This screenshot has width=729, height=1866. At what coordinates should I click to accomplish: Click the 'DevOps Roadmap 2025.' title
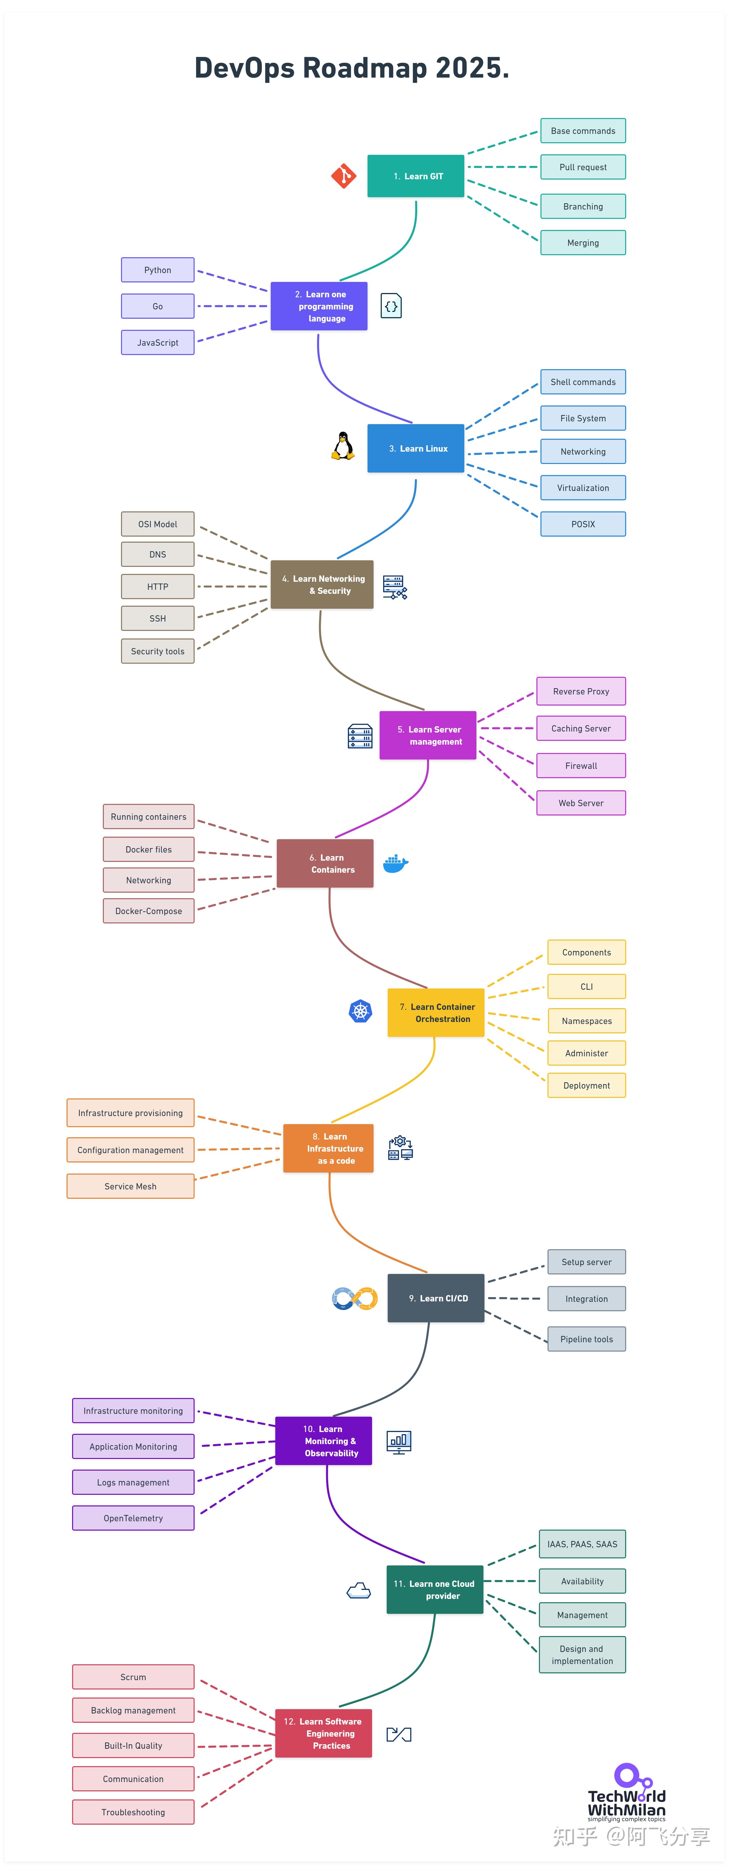(352, 68)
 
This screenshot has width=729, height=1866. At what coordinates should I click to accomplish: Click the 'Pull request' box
(583, 167)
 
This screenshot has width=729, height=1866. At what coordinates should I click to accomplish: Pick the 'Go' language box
(158, 306)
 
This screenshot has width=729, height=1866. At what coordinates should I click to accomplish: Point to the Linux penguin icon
(343, 447)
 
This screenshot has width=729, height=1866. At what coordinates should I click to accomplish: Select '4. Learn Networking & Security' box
(322, 585)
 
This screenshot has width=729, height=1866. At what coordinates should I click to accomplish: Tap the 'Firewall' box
(581, 766)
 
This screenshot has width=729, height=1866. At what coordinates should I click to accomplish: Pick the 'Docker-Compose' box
(148, 911)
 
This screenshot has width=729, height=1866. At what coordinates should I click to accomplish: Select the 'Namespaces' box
(586, 1021)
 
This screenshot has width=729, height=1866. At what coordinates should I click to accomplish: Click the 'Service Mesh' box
(130, 1186)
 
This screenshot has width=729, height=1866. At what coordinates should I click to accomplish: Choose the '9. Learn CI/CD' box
(436, 1298)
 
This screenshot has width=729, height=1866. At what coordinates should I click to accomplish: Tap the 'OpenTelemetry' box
(133, 1518)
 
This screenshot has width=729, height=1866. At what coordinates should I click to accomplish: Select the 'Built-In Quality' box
(133, 1746)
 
